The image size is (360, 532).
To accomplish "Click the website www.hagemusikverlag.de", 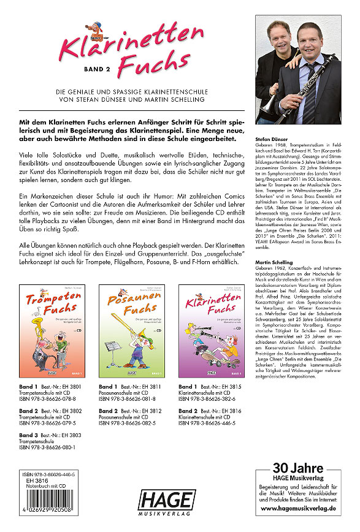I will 303,508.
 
